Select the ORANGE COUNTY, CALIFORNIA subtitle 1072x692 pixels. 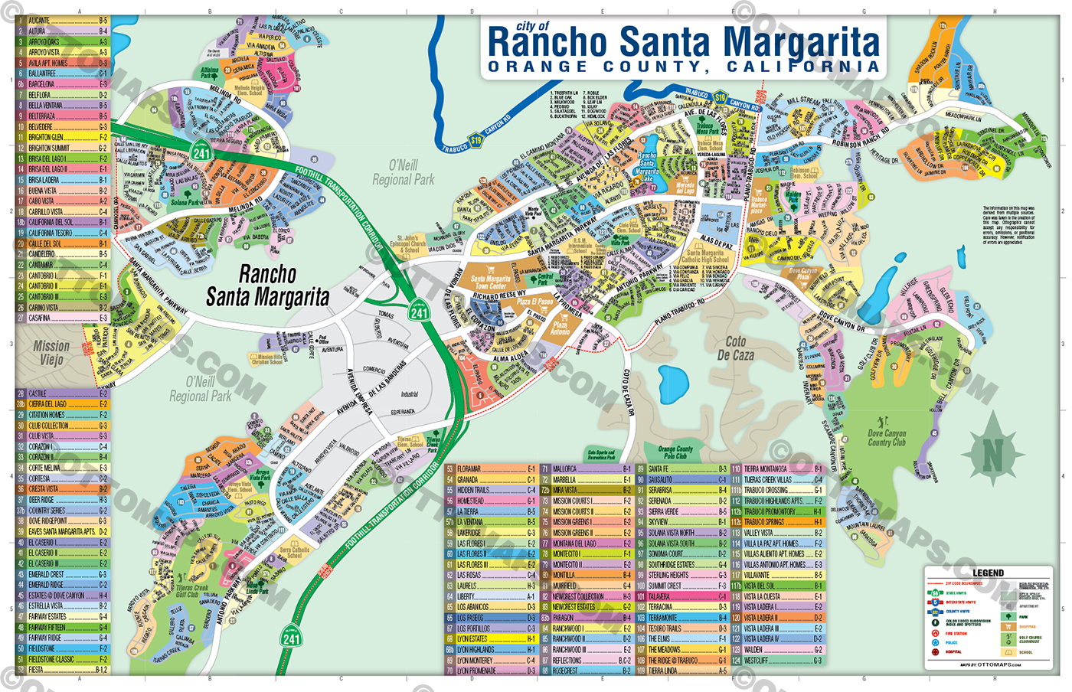tap(683, 67)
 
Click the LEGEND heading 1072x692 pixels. tap(988, 573)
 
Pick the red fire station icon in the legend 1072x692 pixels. tap(935, 633)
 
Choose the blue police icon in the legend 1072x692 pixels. tap(935, 642)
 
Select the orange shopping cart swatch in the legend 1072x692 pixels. tap(1008, 626)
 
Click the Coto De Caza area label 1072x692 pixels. tap(735, 348)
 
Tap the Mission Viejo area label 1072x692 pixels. tap(51, 352)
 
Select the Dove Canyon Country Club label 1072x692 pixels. tap(887, 438)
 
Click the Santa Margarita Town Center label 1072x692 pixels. tap(490, 282)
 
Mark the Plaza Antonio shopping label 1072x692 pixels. tap(561, 328)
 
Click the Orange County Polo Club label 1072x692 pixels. tap(675, 452)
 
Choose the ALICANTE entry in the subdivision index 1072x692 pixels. tap(40, 21)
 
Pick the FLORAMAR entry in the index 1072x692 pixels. tap(469, 469)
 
